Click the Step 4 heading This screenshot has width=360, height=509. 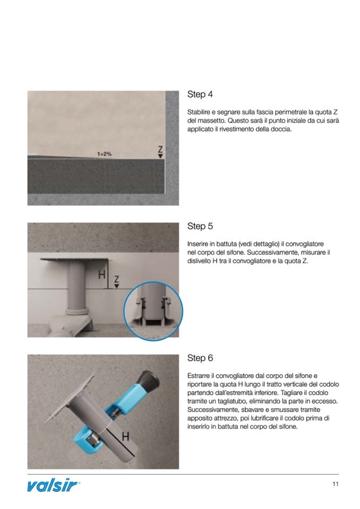pyautogui.click(x=200, y=94)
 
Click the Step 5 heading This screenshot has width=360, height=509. pyautogui.click(x=200, y=226)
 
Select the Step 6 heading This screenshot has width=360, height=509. pyautogui.click(x=200, y=358)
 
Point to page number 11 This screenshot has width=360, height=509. pyautogui.click(x=335, y=484)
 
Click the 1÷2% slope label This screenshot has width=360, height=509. pyautogui.click(x=104, y=154)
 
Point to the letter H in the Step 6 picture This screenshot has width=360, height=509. pyautogui.click(x=126, y=437)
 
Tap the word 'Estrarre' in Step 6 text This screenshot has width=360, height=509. pyautogui.click(x=200, y=375)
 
